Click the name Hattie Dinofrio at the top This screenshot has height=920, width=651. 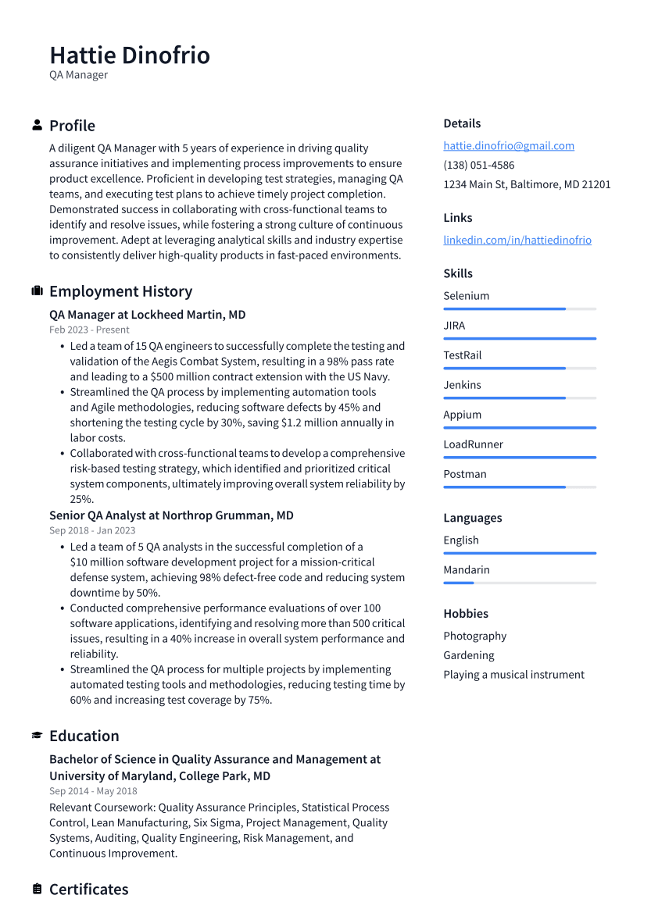pos(130,55)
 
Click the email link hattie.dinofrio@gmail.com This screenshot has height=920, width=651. pos(509,145)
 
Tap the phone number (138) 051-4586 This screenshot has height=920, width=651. pos(478,165)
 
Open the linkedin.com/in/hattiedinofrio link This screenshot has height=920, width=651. pos(517,240)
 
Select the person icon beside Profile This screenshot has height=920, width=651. pos(37,126)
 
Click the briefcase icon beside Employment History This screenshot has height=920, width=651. pos(37,291)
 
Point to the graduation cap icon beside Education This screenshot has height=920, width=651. pos(37,736)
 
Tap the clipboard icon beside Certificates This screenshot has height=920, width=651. pos(37,890)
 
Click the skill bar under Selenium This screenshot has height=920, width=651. pos(520,309)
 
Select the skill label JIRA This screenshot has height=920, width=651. pos(454,326)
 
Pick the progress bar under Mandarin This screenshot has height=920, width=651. pos(520,583)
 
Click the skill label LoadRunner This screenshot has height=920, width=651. pos(473,444)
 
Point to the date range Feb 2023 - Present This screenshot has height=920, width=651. pos(89,330)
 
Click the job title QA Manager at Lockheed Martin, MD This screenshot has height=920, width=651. pos(147,315)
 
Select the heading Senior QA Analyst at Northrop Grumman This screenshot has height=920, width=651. pos(171,515)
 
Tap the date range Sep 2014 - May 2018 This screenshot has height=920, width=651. pos(93,791)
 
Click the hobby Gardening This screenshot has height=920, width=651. pos(469,655)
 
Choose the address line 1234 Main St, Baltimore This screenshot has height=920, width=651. pos(527,184)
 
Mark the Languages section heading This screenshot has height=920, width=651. pos(473,518)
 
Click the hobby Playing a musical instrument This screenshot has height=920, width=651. pos(513,675)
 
